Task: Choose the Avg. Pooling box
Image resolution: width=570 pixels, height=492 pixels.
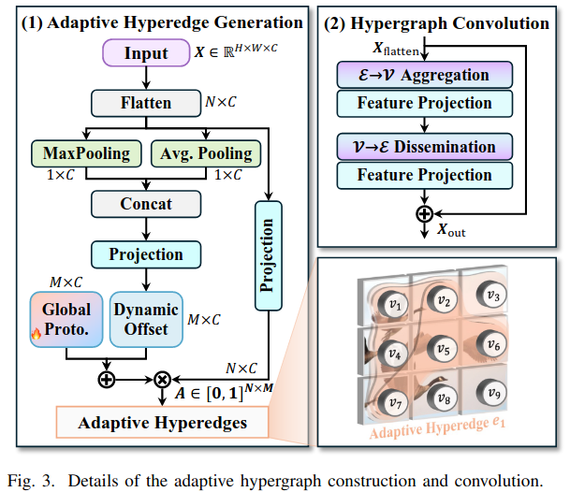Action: pos(206,152)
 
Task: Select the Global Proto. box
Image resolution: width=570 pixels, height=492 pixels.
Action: pos(66,318)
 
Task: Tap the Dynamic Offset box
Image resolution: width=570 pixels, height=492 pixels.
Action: pos(145,318)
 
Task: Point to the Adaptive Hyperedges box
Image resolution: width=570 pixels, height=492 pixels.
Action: pos(161,423)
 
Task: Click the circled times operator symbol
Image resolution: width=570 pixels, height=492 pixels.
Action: pos(162,379)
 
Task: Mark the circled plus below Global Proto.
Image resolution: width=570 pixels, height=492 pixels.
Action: pos(106,379)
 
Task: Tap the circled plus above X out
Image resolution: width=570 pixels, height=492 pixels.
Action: pos(424,212)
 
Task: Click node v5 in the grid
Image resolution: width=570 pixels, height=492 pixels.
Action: pos(445,351)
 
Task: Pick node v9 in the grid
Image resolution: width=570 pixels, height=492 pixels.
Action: pos(493,394)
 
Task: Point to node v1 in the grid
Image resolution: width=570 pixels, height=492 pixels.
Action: pos(396,304)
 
